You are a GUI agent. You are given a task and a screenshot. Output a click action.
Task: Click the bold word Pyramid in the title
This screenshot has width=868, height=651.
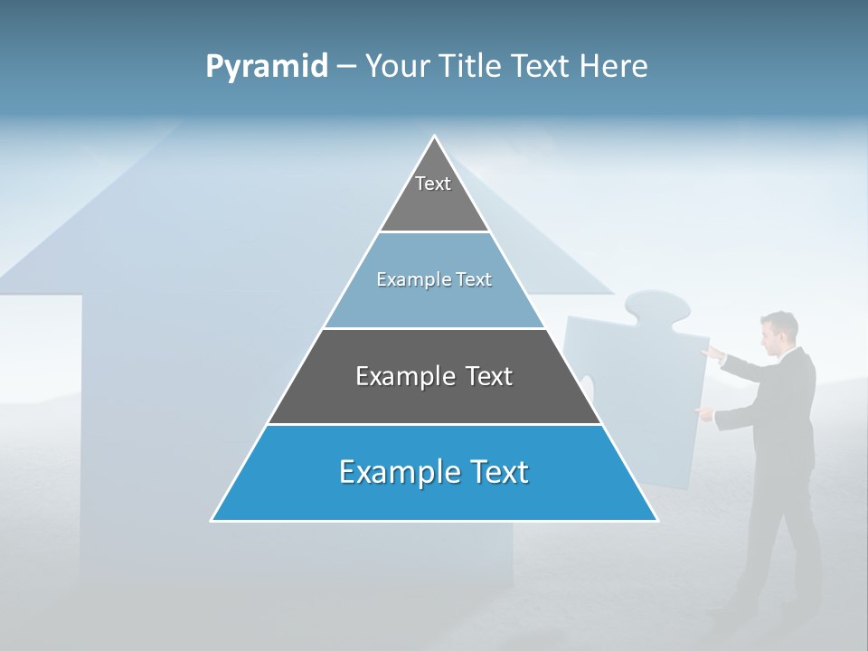tap(267, 66)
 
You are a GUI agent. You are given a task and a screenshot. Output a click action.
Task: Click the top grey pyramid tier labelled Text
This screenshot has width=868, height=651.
tap(434, 194)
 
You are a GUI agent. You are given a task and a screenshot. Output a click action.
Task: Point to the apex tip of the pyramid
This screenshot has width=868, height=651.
tap(435, 137)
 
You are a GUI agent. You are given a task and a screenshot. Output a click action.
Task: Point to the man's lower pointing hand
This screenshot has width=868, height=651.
tap(703, 413)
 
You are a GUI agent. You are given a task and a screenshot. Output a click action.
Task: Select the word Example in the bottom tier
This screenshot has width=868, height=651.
tap(394, 472)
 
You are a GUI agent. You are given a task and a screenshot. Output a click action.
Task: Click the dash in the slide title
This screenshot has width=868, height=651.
tap(345, 66)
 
